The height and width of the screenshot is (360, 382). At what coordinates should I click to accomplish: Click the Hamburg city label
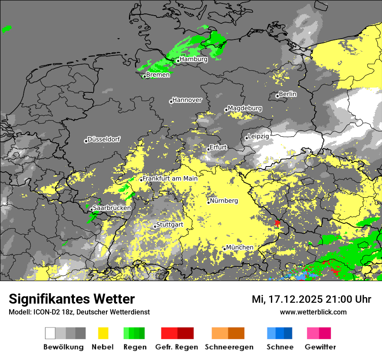point(194,59)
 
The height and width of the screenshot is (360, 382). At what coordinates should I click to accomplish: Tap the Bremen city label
point(158,75)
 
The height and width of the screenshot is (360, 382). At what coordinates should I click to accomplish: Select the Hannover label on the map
point(187,100)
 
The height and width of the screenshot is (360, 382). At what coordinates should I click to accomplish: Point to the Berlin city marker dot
point(277,96)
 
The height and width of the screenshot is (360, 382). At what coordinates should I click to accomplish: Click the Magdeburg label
point(245,108)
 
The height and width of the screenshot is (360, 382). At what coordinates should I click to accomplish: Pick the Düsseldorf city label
point(104,140)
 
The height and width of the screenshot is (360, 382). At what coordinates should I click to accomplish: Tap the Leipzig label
point(258,136)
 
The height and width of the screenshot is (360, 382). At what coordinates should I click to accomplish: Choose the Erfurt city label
point(218,147)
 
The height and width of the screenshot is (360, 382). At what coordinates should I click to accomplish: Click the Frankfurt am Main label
point(170,178)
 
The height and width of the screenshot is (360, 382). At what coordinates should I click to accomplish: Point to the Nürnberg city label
point(224,201)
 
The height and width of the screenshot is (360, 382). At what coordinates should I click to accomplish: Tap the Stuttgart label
point(170,225)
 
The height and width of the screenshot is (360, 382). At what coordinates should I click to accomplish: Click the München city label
point(240,247)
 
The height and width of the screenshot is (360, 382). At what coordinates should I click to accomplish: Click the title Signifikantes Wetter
point(72,299)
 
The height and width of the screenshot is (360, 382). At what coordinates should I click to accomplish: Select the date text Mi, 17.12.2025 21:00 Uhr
point(311,299)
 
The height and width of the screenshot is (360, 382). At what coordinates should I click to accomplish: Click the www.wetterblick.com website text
point(313,312)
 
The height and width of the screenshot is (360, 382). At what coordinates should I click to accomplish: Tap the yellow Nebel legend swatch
point(103,333)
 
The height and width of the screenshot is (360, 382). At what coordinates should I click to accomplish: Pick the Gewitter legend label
point(320,347)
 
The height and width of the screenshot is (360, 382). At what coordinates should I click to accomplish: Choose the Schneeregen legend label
point(229,347)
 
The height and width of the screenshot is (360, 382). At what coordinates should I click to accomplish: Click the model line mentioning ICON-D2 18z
point(79,312)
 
